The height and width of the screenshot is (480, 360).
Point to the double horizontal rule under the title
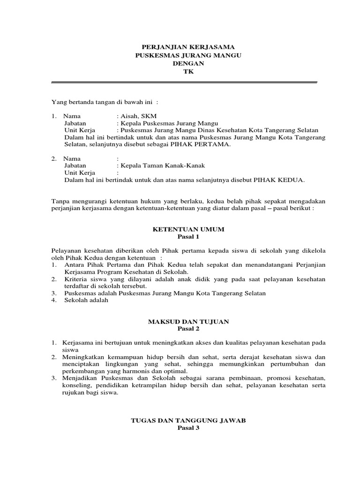(184, 82)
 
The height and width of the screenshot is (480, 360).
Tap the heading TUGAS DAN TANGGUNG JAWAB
(187, 421)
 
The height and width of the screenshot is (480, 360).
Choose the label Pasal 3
(187, 428)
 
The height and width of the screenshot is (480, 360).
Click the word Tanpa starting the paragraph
(60, 201)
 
